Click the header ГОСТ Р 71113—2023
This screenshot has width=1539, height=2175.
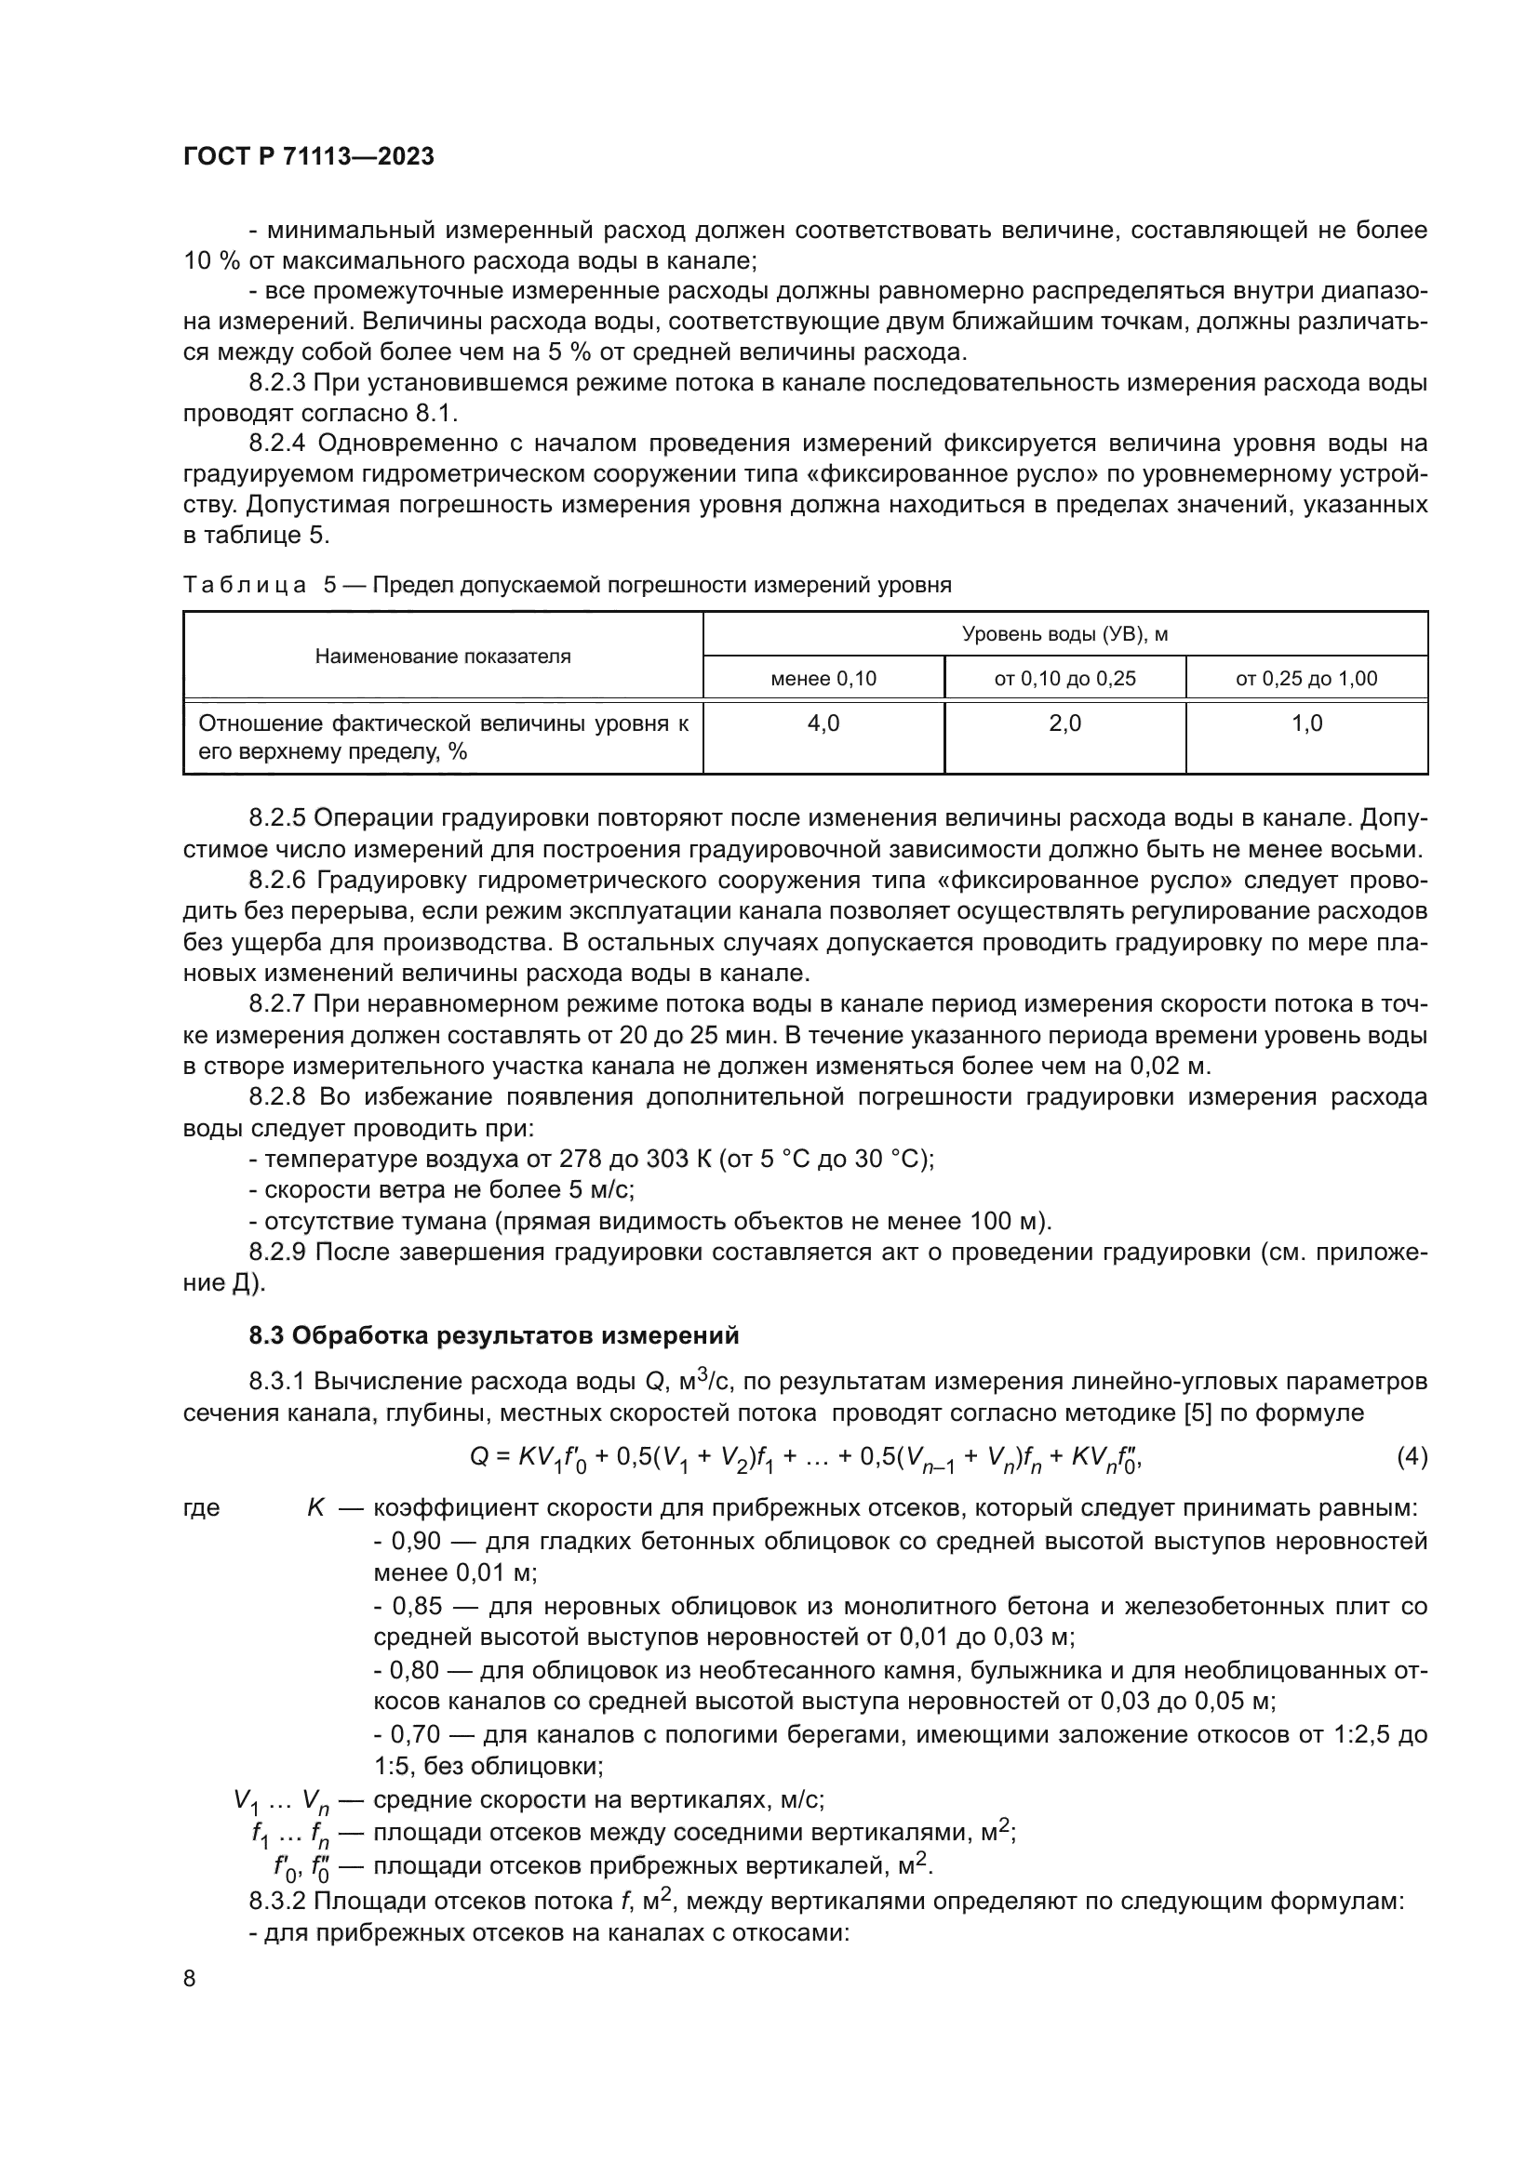[308, 156]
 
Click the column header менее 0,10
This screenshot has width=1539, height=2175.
[823, 678]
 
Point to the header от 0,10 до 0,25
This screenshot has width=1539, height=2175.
[1064, 678]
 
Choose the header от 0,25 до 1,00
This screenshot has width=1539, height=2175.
[1305, 678]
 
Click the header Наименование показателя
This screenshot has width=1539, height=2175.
[443, 656]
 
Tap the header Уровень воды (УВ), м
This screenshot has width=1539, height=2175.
[1064, 634]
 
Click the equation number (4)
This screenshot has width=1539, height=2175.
[1412, 1458]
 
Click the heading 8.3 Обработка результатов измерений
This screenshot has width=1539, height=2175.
[493, 1335]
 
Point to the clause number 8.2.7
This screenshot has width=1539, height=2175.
[276, 1004]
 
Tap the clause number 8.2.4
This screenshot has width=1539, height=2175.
[276, 444]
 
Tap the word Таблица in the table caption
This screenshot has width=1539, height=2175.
[244, 586]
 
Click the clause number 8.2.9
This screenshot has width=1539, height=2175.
[276, 1253]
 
